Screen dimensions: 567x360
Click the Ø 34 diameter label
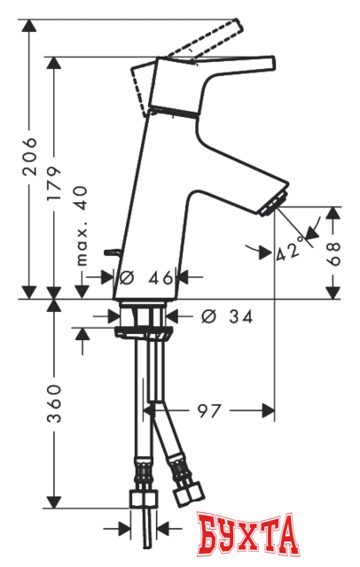click(223, 316)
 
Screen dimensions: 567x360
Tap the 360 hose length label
click(56, 403)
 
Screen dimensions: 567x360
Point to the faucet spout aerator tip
click(278, 198)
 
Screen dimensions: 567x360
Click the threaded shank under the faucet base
click(139, 314)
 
